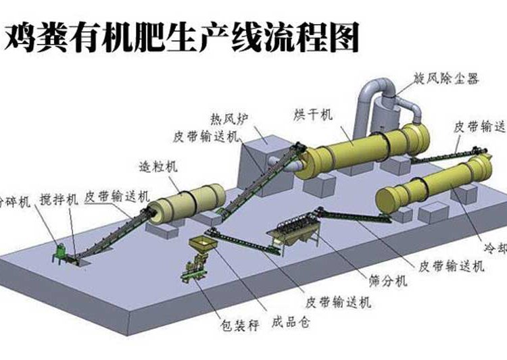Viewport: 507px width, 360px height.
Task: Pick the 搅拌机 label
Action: click(x=59, y=199)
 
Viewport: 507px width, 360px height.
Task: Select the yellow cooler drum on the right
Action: click(x=433, y=184)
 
